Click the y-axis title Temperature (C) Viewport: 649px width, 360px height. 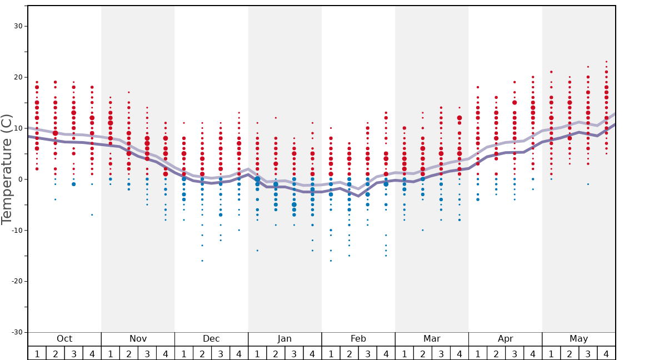7,169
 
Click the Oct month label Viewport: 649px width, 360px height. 64,339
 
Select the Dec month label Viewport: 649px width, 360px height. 211,339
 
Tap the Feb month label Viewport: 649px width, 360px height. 358,339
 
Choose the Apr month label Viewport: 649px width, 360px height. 505,339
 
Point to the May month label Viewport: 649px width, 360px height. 578,339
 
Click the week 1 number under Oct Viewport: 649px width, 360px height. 37,353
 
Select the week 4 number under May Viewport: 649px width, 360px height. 606,353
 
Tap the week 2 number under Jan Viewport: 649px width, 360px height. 276,353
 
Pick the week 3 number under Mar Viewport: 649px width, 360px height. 441,353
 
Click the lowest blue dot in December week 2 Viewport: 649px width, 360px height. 202,261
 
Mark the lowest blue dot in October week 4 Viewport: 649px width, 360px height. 92,214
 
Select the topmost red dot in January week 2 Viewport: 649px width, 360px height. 276,118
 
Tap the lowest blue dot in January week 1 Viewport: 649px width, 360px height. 257,251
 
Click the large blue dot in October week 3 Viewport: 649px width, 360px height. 73,184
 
